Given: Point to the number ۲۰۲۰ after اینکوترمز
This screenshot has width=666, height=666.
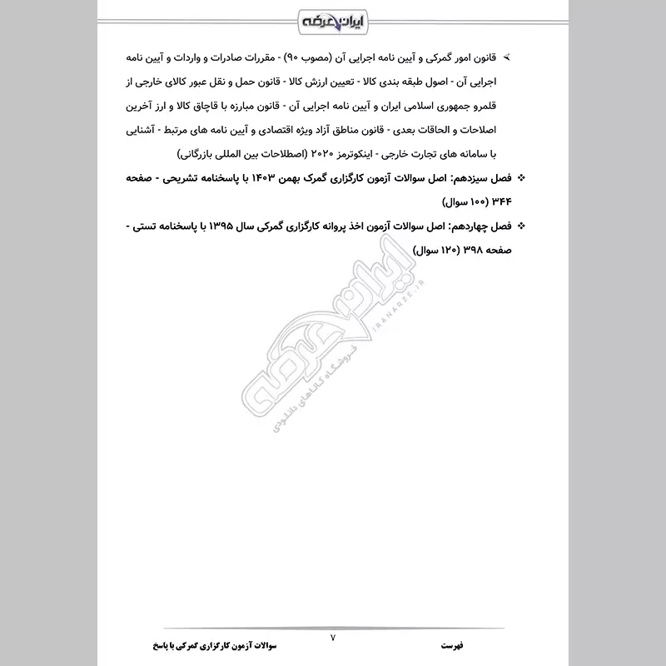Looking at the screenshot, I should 319,154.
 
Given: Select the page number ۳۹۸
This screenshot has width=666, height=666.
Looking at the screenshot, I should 457,250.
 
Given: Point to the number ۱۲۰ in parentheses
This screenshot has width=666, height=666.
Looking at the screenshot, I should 428,250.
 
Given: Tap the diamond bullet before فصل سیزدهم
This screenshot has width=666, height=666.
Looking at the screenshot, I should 521,178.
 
